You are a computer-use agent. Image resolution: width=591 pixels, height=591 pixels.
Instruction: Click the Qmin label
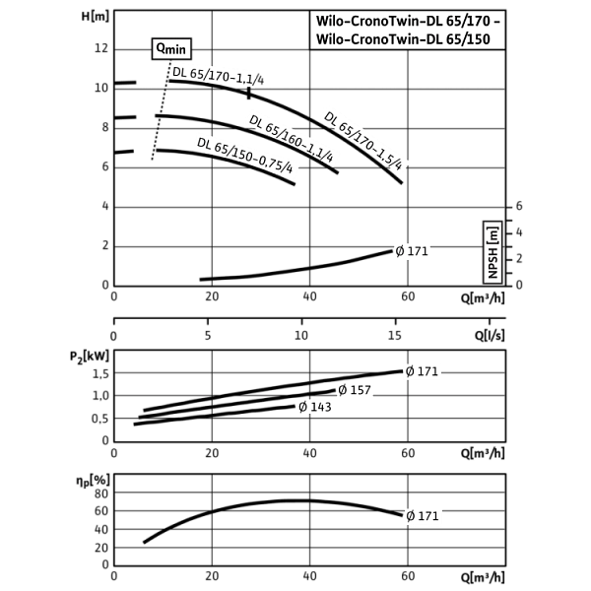click(171, 48)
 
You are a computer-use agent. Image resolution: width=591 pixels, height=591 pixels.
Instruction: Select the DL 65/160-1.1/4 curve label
click(294, 139)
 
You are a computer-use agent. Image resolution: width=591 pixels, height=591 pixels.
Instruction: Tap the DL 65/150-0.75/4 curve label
click(246, 156)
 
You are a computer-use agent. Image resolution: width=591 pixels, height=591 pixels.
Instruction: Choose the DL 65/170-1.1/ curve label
click(214, 78)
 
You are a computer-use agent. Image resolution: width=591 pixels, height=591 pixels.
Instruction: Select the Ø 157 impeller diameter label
click(355, 390)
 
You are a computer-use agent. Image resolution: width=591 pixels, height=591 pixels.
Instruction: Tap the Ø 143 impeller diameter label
click(314, 407)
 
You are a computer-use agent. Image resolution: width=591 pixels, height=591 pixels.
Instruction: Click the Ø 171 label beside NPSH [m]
click(412, 252)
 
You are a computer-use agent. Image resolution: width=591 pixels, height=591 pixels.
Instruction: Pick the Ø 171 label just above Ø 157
click(422, 371)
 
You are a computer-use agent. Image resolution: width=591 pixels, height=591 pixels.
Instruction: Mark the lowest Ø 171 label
click(423, 516)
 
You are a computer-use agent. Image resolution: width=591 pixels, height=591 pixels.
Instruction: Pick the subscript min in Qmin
click(178, 51)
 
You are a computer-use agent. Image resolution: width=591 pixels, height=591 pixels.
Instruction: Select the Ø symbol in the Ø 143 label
click(302, 407)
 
